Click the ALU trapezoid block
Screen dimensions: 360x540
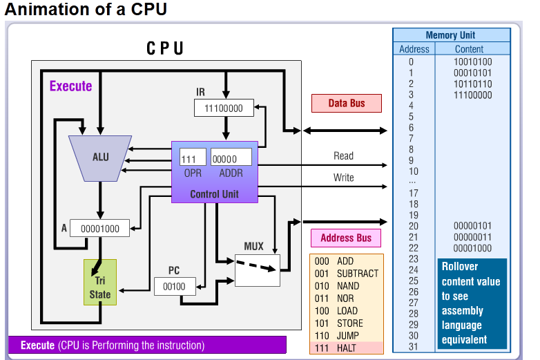tap(101, 158)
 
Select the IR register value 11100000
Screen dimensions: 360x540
tap(223, 108)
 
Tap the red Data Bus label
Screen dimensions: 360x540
tap(347, 103)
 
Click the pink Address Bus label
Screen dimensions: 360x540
tap(346, 238)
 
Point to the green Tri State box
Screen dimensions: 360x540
tap(100, 282)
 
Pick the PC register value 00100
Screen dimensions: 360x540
tap(175, 285)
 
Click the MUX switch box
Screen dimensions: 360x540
tap(257, 269)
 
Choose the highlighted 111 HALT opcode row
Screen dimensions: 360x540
tap(343, 347)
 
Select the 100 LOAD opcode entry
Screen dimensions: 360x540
tap(343, 310)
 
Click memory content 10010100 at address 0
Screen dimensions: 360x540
tap(473, 61)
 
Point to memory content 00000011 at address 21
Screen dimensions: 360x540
tap(473, 237)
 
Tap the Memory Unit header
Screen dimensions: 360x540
tap(450, 35)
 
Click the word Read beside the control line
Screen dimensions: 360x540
tap(343, 156)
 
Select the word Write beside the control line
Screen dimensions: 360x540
tap(343, 178)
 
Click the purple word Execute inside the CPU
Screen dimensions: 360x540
tap(70, 86)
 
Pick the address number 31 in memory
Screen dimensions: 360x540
tap(414, 346)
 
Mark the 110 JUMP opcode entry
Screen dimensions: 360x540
tap(343, 335)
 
